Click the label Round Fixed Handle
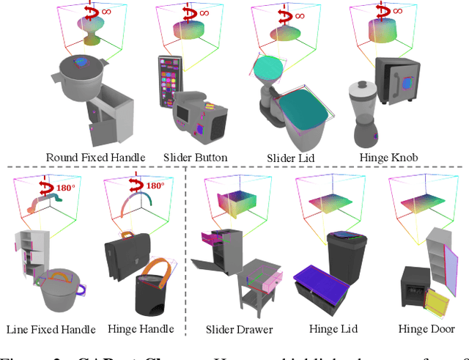(x=95, y=157)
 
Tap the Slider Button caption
(x=195, y=157)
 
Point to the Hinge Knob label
(x=389, y=157)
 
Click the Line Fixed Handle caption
(x=49, y=329)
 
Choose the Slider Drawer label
(x=239, y=329)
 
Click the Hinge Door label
(x=426, y=329)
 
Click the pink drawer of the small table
(x=267, y=279)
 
